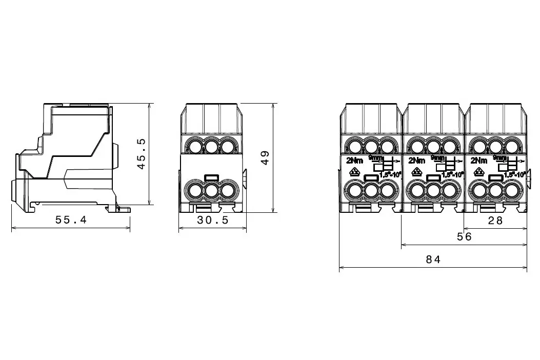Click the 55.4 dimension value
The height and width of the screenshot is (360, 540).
(x=71, y=220)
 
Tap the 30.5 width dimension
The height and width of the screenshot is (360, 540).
(x=213, y=220)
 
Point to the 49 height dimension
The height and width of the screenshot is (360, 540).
(x=265, y=157)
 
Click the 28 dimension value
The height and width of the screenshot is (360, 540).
(x=495, y=220)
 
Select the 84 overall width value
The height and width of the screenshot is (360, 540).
(x=433, y=260)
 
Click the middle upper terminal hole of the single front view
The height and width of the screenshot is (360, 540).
(x=211, y=147)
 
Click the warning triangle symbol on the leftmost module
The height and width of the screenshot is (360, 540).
(x=353, y=173)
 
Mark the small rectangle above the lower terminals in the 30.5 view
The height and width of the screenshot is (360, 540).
(x=211, y=178)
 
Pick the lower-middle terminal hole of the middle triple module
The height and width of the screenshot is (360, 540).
(x=433, y=192)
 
